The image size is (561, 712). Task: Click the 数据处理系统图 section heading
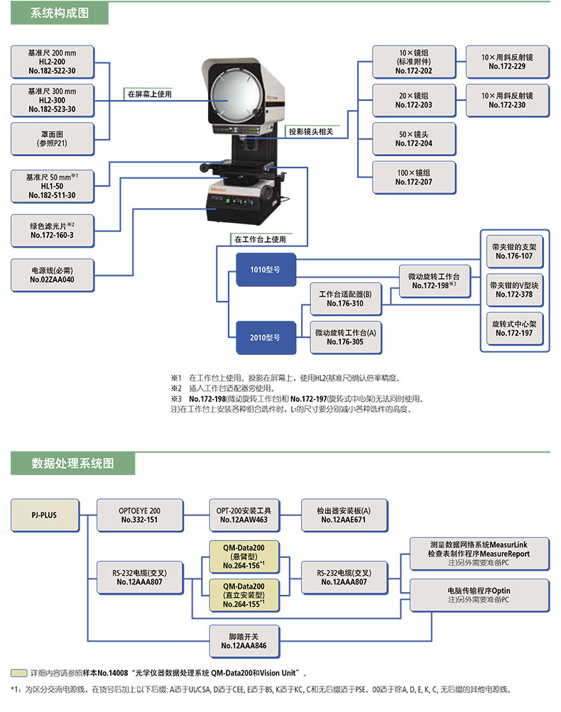coord(72,464)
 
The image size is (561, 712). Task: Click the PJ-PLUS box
coord(44,515)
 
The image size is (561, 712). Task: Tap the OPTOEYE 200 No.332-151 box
coord(139,515)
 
